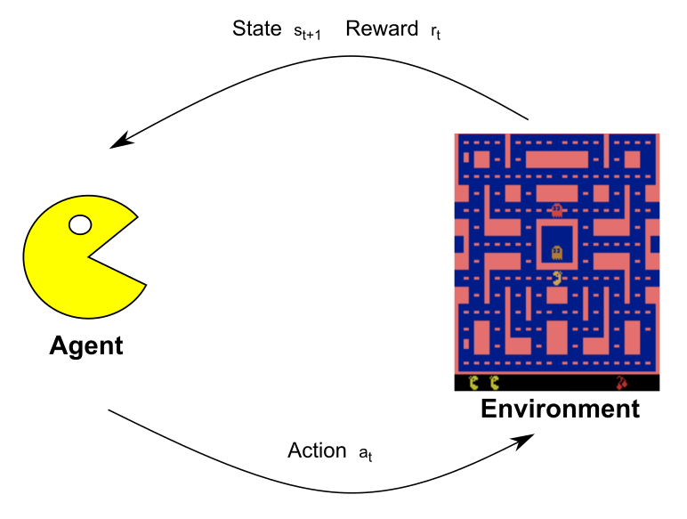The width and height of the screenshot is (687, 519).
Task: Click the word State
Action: [x=257, y=28]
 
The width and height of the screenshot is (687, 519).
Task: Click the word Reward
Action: [x=382, y=28]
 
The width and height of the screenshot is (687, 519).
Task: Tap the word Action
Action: [x=317, y=450]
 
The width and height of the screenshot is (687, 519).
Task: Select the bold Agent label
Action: [x=86, y=346]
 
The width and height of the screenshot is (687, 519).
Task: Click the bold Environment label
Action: [x=560, y=409]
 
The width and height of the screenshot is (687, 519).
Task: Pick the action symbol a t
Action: [x=366, y=454]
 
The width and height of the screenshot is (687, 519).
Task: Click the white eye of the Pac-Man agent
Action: [x=80, y=225]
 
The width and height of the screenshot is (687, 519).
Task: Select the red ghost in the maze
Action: [x=556, y=210]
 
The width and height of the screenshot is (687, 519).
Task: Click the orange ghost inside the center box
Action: [x=556, y=253]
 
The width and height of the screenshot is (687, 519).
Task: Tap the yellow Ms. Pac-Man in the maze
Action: [x=557, y=278]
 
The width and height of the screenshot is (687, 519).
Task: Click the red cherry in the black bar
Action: [x=621, y=383]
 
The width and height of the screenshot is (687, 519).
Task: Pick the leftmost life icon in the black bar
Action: [x=473, y=383]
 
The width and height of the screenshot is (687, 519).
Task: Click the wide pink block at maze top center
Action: [x=556, y=159]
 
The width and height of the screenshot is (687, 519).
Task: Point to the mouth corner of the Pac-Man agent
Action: [x=88, y=257]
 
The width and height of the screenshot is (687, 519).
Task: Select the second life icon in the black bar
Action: [x=494, y=383]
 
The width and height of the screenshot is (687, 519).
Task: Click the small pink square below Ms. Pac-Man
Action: [x=557, y=296]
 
